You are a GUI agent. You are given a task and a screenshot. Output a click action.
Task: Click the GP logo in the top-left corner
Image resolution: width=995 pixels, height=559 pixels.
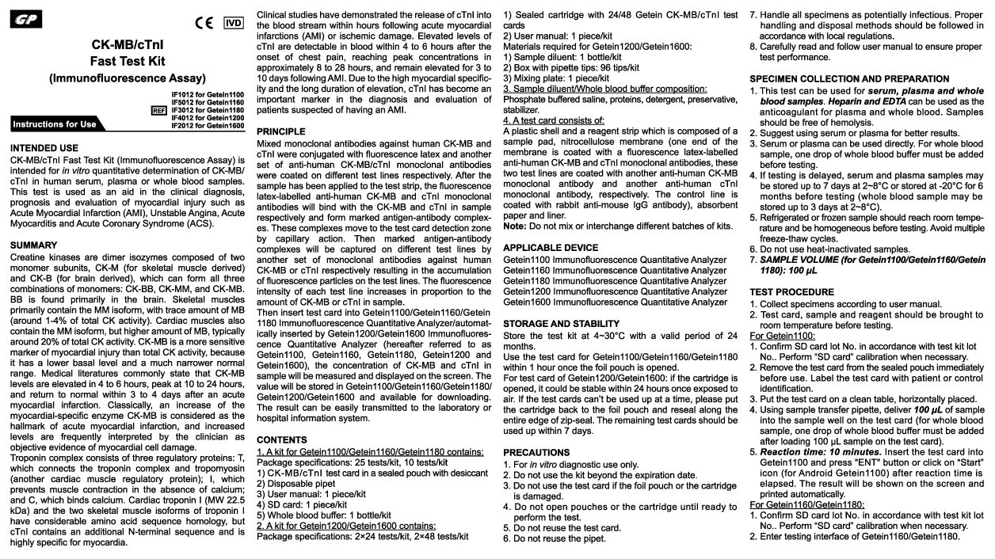(26, 18)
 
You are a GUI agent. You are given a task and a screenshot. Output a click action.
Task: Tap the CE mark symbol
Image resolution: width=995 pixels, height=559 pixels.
(204, 23)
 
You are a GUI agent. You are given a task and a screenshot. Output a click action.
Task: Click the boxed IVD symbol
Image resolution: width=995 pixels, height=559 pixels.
(234, 22)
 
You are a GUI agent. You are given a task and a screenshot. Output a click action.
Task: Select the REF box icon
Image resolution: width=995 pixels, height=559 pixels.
(158, 110)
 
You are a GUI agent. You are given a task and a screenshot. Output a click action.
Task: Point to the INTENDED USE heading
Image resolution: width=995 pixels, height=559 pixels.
(44, 148)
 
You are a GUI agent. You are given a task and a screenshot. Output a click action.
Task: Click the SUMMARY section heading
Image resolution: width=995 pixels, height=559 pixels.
(33, 245)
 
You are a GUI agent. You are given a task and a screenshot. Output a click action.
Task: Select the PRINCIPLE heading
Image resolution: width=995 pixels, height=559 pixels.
(280, 131)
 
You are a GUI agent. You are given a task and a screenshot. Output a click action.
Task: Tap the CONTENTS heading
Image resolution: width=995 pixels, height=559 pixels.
(282, 439)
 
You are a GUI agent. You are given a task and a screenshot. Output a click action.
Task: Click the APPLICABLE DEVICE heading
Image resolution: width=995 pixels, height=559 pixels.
(551, 248)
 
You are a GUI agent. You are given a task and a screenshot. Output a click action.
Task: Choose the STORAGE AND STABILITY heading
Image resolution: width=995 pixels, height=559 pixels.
(561, 324)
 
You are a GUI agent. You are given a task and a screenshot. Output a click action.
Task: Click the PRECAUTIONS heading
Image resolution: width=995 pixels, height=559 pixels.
(536, 453)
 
